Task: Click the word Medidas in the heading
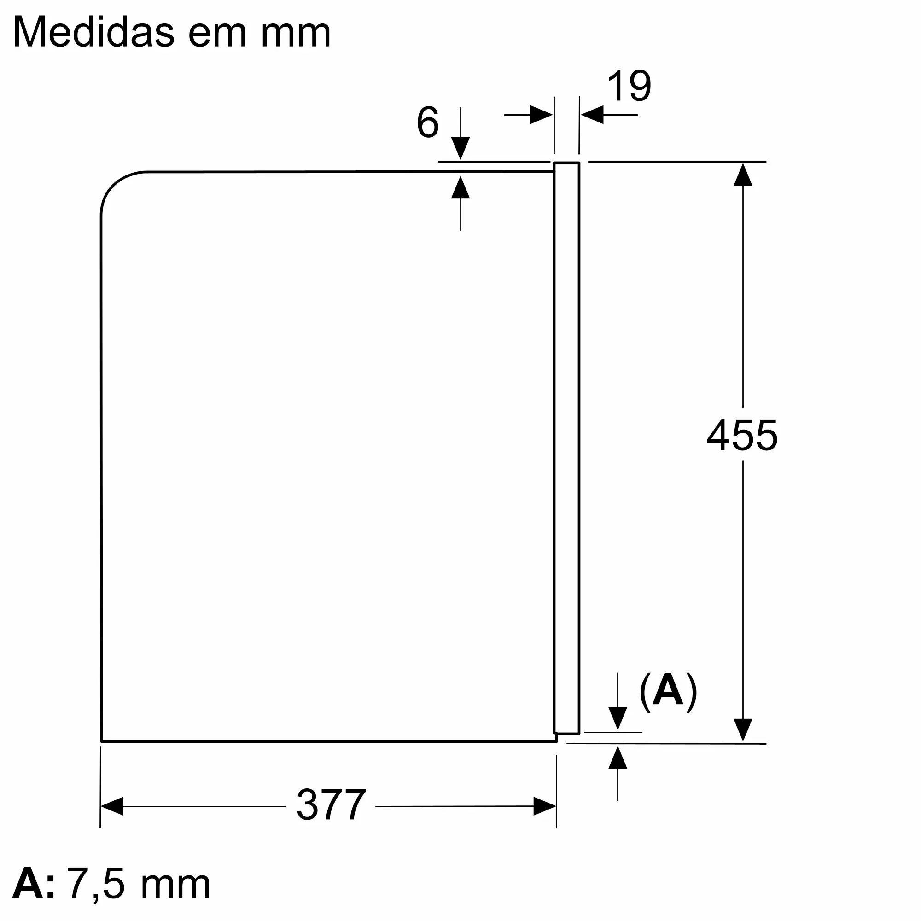[94, 32]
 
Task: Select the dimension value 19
[629, 86]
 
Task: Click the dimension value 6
[428, 122]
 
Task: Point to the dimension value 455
[742, 435]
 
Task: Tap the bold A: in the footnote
[33, 884]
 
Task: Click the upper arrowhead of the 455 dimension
[743, 174]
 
